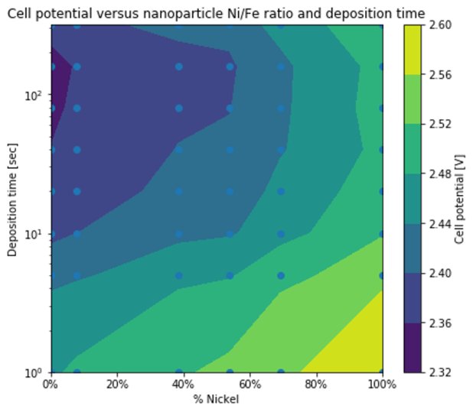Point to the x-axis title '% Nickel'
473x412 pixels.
[x=217, y=399]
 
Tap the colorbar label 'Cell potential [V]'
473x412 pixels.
[x=459, y=198]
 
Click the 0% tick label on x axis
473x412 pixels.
[x=51, y=384]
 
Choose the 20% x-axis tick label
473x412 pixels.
[x=116, y=384]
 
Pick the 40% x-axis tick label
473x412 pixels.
[x=183, y=384]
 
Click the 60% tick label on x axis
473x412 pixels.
[x=250, y=384]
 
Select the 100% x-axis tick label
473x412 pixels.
[x=380, y=384]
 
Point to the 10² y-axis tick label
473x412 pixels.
[x=37, y=96]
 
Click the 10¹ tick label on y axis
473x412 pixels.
[x=37, y=234]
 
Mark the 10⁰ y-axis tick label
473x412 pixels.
[x=37, y=372]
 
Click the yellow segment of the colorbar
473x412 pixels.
[x=413, y=50]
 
